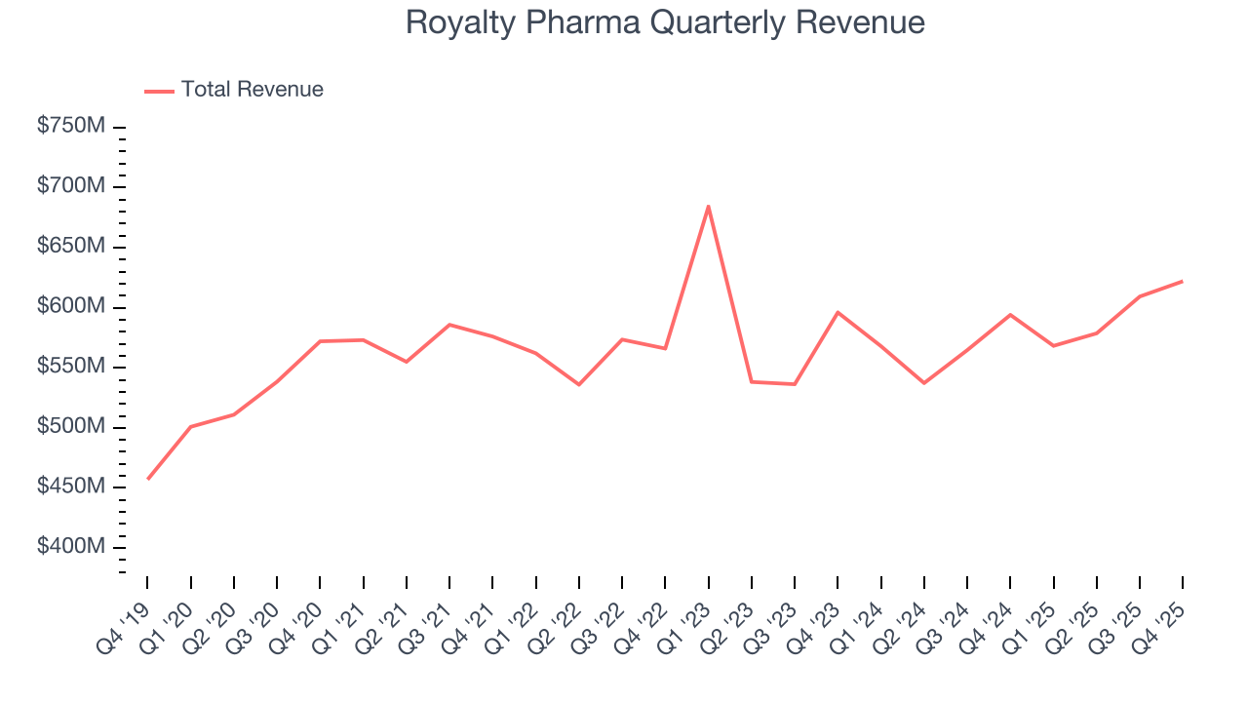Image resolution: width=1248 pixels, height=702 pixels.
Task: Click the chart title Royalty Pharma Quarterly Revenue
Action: coord(665,22)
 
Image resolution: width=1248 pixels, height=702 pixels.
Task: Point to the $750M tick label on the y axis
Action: coord(71,127)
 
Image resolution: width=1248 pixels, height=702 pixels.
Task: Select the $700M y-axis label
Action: coord(71,186)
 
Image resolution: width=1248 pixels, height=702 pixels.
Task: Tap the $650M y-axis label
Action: coord(71,247)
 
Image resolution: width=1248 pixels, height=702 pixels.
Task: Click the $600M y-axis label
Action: coord(71,306)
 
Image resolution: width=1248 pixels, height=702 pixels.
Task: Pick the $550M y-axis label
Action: coord(71,367)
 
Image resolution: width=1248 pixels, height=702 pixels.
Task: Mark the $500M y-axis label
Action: coord(71,427)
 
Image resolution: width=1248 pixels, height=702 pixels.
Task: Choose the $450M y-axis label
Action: coord(71,487)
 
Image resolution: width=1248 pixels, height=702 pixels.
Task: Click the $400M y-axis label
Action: coord(71,547)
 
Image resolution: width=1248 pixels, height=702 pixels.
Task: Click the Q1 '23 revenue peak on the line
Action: coord(709,206)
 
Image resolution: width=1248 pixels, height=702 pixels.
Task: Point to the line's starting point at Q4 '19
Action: coord(148,479)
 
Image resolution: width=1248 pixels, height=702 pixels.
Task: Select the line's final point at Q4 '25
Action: coord(1182,281)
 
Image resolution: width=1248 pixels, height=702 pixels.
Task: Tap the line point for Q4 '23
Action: coord(838,312)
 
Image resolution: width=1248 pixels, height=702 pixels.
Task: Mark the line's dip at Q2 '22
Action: coord(579,384)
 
